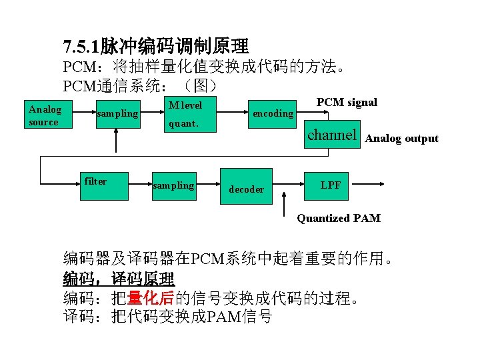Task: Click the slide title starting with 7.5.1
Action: (156, 46)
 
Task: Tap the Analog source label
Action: (45, 115)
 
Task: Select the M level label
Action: (185, 105)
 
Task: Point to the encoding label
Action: (273, 113)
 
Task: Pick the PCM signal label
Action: (347, 102)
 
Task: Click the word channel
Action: (332, 135)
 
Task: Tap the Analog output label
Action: (402, 139)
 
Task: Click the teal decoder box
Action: (247, 186)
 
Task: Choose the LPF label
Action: (331, 185)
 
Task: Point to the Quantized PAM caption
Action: (339, 218)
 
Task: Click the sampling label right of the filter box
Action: (173, 185)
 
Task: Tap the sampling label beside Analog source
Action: (117, 114)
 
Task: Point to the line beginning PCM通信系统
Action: (140, 86)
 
